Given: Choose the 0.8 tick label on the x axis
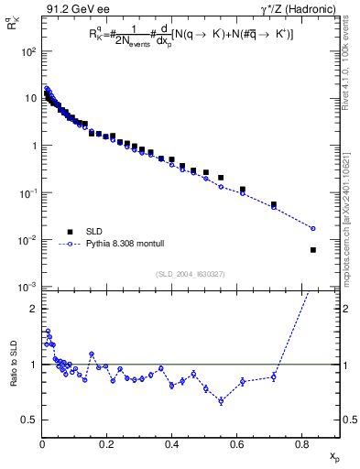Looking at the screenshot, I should click(x=301, y=445).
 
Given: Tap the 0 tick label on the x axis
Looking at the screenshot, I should click(x=42, y=445).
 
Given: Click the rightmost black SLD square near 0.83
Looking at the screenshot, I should click(x=313, y=250).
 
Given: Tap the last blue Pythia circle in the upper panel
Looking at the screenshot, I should click(x=313, y=228).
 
